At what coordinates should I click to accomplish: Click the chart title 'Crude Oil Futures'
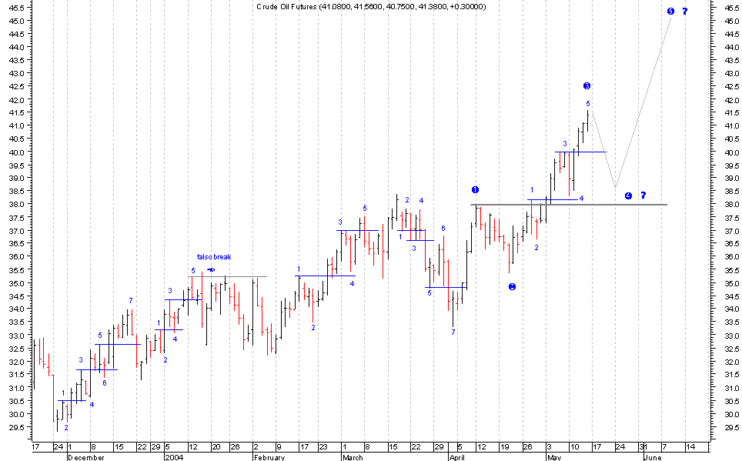point(286,7)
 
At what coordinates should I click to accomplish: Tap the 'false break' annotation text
point(213,257)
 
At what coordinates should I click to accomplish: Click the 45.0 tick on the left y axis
point(16,21)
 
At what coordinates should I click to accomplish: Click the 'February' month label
point(269,457)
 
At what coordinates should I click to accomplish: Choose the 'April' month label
point(458,457)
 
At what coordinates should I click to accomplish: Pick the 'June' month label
point(651,457)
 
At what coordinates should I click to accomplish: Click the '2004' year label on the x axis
point(174,457)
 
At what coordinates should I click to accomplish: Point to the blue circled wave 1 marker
point(475,189)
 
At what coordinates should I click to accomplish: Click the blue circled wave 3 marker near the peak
point(587,85)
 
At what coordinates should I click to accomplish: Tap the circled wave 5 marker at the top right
point(670,12)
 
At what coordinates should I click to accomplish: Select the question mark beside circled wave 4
point(643,195)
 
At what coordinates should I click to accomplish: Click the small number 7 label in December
point(131,300)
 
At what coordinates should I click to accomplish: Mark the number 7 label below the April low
point(453,332)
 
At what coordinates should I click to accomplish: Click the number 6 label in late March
point(443,228)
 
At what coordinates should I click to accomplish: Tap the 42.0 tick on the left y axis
point(16,99)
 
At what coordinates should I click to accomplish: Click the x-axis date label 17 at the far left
point(35,447)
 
